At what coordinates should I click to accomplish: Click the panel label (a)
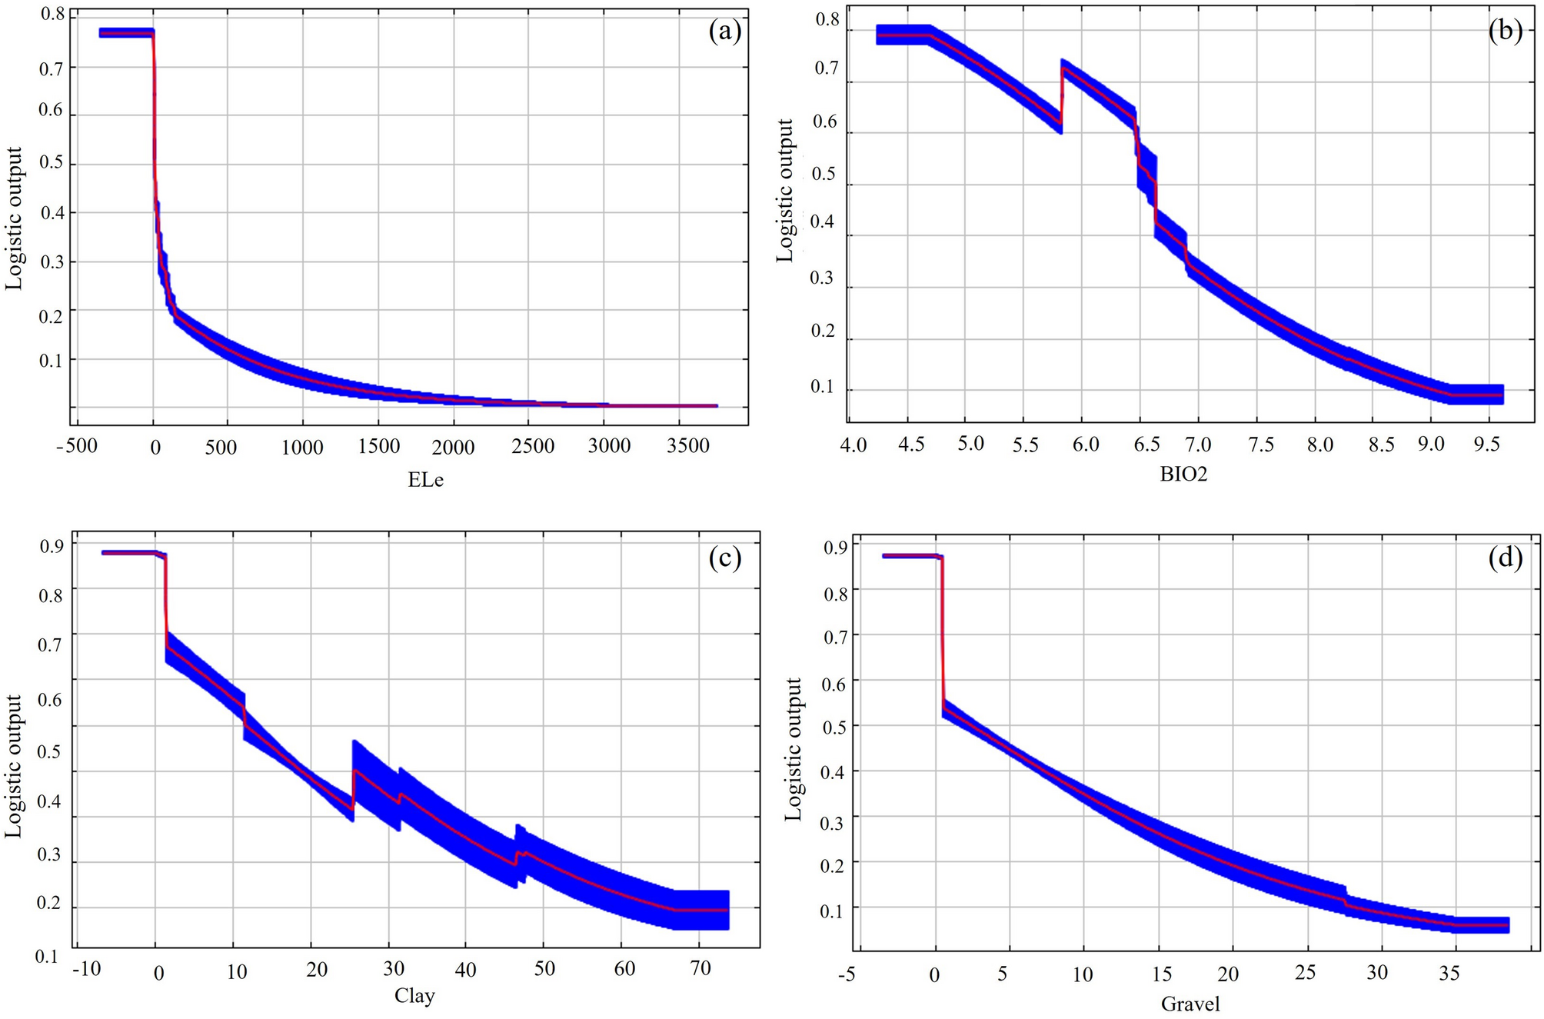724,32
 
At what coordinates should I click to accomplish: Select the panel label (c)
724,558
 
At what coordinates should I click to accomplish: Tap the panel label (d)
1505,558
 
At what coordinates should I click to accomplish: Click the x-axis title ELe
425,481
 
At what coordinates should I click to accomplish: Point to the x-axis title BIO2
1183,475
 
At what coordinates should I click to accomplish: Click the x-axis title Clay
414,996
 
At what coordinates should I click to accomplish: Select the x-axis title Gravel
1190,1004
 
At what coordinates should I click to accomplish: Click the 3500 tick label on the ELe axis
687,446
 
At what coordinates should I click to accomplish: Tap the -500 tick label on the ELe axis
77,446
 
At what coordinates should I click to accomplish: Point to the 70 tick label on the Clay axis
700,968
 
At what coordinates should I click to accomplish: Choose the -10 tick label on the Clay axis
86,968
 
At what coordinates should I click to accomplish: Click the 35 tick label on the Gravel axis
1448,974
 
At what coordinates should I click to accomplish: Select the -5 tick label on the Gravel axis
846,974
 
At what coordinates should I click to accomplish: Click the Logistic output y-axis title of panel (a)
14,218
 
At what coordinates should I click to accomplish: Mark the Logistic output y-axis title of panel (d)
793,749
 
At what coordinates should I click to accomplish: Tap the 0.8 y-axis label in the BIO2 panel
827,20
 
